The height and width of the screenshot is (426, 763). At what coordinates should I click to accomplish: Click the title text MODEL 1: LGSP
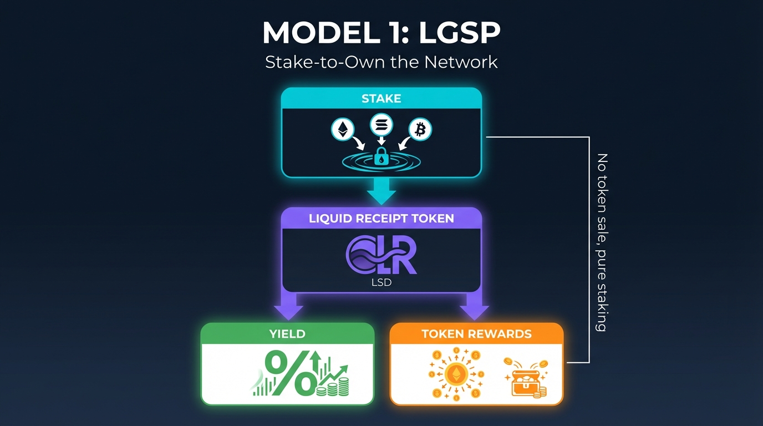click(381, 34)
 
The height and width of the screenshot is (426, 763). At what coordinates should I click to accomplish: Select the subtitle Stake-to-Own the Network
click(381, 62)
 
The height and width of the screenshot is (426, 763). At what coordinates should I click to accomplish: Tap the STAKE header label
click(381, 99)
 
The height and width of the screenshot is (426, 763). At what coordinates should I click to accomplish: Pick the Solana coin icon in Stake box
click(381, 123)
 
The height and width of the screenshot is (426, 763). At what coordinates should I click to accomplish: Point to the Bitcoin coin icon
click(420, 130)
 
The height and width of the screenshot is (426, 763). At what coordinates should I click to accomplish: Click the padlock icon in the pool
click(381, 156)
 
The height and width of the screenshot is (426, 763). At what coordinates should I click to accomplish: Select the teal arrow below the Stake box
click(381, 191)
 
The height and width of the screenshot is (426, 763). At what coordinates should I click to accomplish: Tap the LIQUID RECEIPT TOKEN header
click(381, 219)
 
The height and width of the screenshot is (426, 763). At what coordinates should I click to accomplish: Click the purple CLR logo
click(381, 256)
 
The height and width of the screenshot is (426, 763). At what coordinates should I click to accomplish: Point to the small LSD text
click(381, 283)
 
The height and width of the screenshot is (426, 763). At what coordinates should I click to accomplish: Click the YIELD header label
click(287, 333)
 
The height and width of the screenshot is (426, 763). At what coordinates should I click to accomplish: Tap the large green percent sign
click(290, 373)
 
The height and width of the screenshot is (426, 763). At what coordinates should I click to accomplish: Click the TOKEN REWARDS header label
click(476, 333)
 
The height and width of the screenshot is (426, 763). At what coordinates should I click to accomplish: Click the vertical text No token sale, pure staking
click(601, 242)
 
